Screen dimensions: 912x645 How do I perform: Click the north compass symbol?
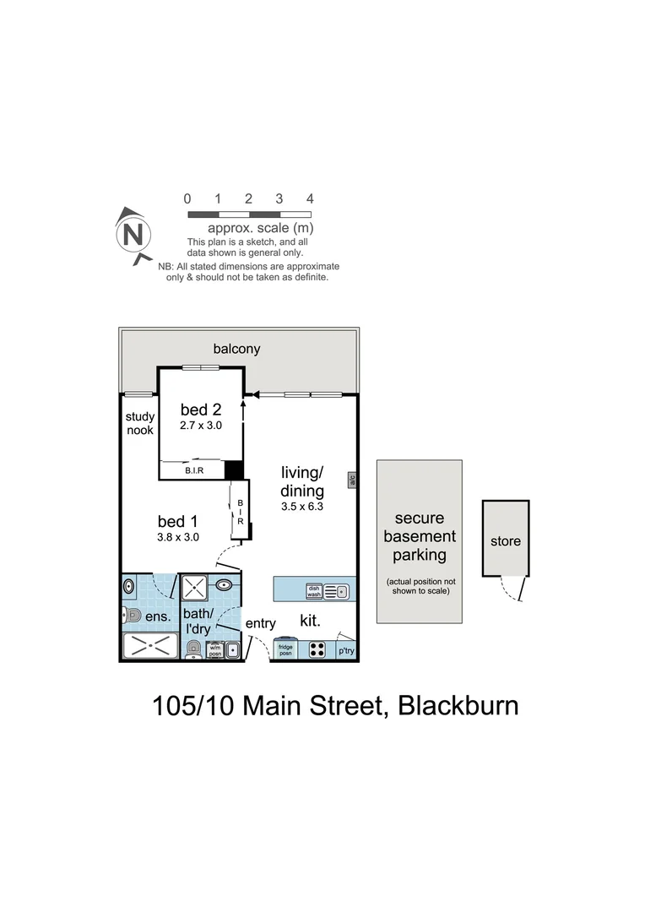click(x=133, y=235)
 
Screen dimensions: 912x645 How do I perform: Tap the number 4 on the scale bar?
click(x=310, y=199)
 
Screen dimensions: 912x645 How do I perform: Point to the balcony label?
click(x=236, y=349)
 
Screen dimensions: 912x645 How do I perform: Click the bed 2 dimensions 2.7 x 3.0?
click(x=201, y=426)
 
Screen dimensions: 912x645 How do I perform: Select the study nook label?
click(x=139, y=423)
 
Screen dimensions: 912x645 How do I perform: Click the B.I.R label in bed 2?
click(x=195, y=470)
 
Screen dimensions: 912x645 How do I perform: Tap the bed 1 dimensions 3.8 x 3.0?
click(x=178, y=536)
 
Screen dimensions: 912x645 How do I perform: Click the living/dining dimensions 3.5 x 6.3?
click(x=302, y=508)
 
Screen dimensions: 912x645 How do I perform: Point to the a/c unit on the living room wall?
click(x=350, y=480)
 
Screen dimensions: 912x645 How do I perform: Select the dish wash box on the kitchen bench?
click(x=313, y=590)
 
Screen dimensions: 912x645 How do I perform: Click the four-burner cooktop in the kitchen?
click(x=317, y=649)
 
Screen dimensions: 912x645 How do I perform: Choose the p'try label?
click(x=346, y=651)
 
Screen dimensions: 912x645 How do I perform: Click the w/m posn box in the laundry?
click(x=214, y=649)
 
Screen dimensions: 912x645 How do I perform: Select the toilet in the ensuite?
click(x=131, y=616)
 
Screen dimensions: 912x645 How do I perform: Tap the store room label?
click(x=506, y=541)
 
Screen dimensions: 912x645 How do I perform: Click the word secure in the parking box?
click(x=419, y=518)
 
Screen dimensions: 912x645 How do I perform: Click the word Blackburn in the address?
click(x=458, y=704)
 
